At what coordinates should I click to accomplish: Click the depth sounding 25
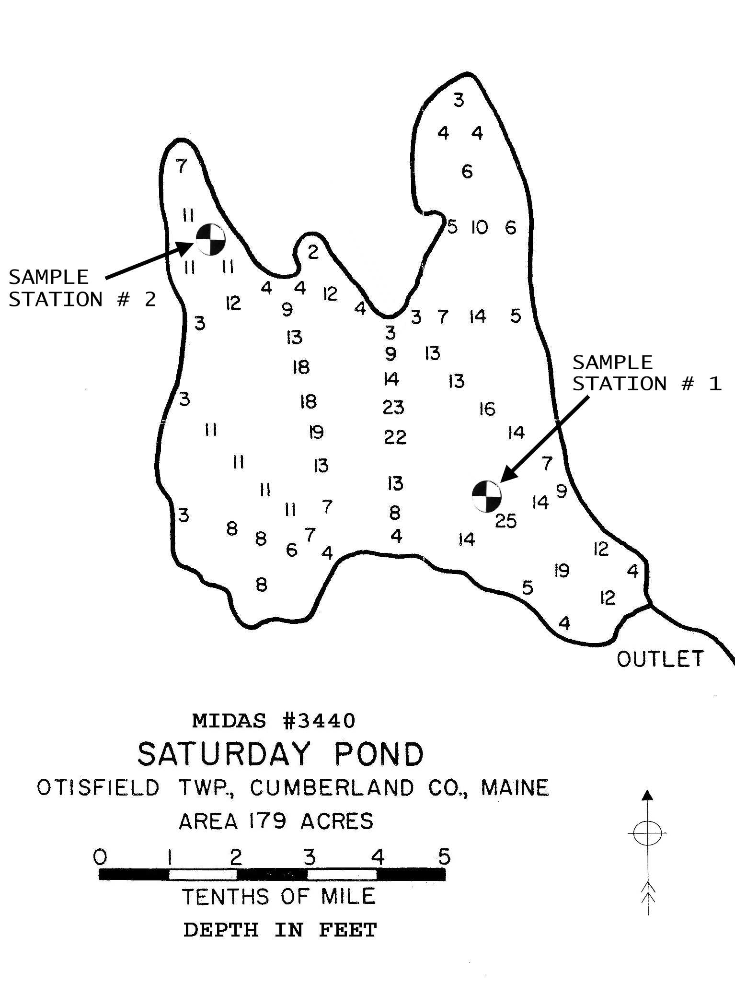point(506,520)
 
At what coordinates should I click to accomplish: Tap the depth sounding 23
point(393,408)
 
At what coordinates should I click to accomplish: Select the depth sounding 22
point(395,437)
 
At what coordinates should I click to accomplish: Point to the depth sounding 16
point(487,409)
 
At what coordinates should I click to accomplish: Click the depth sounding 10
point(479,227)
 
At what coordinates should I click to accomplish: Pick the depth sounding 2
point(313,251)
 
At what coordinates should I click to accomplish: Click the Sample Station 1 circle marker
point(486,496)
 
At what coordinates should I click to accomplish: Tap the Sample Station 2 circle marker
point(210,238)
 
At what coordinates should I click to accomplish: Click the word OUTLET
point(660,659)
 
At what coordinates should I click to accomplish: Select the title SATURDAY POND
point(280,754)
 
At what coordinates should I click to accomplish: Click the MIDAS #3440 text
point(274,720)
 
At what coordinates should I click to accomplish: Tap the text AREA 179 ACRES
point(276,821)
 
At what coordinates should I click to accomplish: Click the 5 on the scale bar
point(445,856)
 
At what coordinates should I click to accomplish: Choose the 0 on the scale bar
point(100,856)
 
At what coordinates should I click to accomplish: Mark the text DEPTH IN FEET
point(280,930)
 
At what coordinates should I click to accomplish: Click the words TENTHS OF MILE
point(278,896)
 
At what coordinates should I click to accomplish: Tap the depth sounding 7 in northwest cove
point(181,166)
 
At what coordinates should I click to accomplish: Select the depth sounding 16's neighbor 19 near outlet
point(562,570)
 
